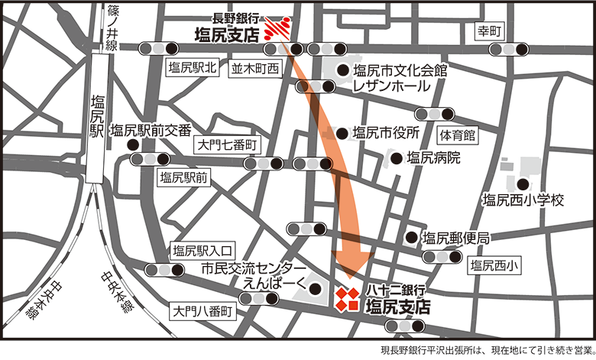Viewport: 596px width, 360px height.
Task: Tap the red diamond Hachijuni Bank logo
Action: point(348,298)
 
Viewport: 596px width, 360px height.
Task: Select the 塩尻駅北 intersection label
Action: point(192,68)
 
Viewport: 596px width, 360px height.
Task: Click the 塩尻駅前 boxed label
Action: point(184,178)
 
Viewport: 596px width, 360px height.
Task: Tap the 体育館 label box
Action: point(457,136)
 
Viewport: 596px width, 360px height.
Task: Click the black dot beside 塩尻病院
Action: point(396,158)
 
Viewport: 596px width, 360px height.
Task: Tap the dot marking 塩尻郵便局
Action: point(411,238)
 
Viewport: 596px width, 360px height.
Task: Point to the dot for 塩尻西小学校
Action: point(523,184)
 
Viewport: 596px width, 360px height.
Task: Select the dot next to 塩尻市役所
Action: point(340,132)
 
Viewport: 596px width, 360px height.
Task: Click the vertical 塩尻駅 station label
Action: point(97,115)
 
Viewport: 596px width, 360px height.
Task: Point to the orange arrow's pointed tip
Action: point(351,278)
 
